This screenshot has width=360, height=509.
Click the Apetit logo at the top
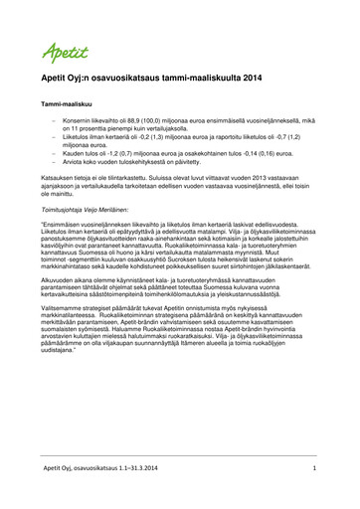click(66, 51)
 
